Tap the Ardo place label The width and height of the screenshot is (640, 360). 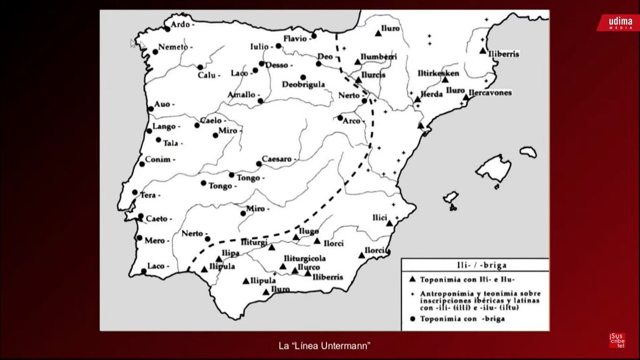pos(181,25)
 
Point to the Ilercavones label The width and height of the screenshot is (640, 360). pos(491,92)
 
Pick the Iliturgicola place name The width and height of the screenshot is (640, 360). pos(305,258)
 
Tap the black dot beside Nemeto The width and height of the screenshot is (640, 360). pos(155,52)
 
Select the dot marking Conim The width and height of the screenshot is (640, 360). pos(142,164)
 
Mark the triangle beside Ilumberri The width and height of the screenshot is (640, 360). pos(357,62)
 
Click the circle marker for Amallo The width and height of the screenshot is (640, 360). pos(260,100)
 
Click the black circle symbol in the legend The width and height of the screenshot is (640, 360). pos(412,319)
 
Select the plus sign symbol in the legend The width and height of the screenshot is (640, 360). pos(412,294)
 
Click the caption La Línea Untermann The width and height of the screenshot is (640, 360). pos(324,346)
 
